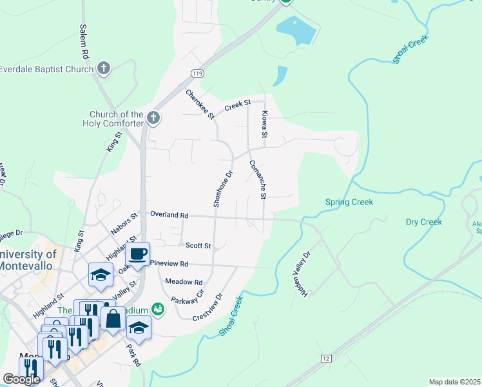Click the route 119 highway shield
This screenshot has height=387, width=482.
click(198, 74)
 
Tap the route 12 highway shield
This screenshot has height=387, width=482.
click(326, 357)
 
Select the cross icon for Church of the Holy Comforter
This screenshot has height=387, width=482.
click(153, 118)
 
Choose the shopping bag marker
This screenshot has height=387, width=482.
click(113, 318)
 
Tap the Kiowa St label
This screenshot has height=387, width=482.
click(264, 124)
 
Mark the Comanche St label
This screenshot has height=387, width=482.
click(258, 179)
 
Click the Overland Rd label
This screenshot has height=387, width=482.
click(169, 214)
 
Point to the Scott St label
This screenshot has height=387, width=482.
click(198, 246)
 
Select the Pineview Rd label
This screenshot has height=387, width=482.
click(169, 264)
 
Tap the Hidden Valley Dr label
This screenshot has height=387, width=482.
click(302, 273)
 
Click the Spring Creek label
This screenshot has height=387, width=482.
click(349, 203)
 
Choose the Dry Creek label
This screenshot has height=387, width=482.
click(423, 222)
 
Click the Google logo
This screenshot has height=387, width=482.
click(21, 379)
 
